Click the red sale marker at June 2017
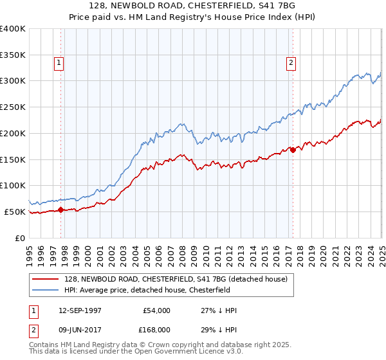[293, 150]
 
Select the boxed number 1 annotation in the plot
[59, 62]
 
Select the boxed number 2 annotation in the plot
[291, 62]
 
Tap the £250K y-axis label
[13, 107]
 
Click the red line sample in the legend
[45, 278]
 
